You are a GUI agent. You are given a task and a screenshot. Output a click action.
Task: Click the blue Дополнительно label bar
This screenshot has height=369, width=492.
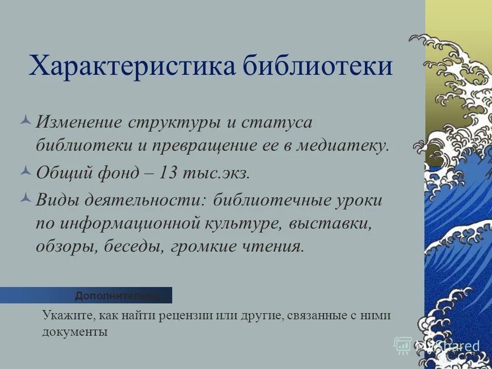[x=86, y=295]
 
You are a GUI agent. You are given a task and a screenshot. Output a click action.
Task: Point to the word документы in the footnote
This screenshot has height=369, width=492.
[x=75, y=332]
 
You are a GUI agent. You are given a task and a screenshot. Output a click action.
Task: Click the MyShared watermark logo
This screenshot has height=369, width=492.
[x=438, y=346]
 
